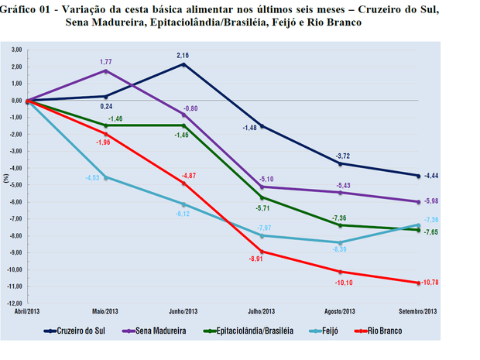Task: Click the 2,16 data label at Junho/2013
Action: click(183, 56)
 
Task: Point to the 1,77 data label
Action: click(106, 60)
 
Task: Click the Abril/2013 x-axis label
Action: click(28, 310)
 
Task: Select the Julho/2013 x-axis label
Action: click(262, 310)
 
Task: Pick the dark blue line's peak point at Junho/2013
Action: click(183, 64)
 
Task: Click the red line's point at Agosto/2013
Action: click(340, 272)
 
